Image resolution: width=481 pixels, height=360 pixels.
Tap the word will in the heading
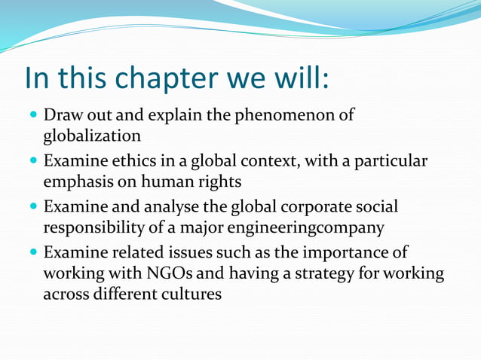tap(299, 77)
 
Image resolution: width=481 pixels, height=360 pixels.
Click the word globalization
tap(92, 136)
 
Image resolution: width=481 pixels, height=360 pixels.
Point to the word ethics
tap(122, 162)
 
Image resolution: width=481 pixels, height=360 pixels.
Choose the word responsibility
tap(96, 227)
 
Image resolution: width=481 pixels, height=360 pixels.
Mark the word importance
tap(333, 252)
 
